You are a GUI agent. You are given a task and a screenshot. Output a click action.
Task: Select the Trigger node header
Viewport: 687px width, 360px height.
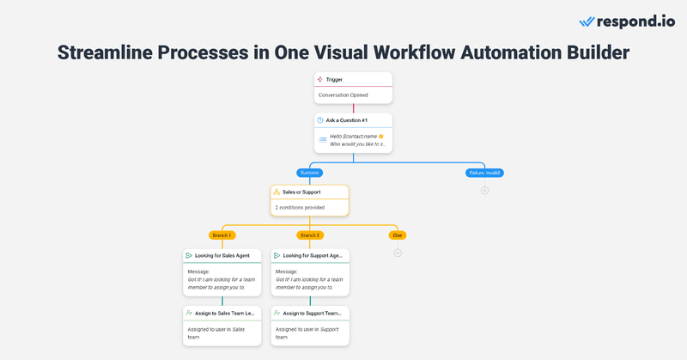pyautogui.click(x=352, y=79)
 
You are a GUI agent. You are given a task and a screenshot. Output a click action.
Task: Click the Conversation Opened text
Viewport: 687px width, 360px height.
pyautogui.click(x=343, y=95)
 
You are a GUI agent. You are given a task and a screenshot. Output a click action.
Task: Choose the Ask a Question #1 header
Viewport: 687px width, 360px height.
pyautogui.click(x=352, y=120)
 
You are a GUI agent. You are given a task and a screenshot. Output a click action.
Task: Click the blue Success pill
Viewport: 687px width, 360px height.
pyautogui.click(x=309, y=173)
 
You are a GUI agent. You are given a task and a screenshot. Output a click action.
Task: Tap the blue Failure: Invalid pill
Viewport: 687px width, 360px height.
pyautogui.click(x=484, y=173)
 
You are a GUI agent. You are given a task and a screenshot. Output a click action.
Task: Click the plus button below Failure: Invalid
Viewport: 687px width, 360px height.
pyautogui.click(x=484, y=190)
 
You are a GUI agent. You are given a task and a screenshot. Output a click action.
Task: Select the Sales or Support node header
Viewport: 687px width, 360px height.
pyautogui.click(x=309, y=192)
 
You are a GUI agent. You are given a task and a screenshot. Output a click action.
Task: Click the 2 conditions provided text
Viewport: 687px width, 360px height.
pyautogui.click(x=301, y=208)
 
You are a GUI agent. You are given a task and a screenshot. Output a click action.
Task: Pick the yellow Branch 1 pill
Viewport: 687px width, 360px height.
pyautogui.click(x=222, y=235)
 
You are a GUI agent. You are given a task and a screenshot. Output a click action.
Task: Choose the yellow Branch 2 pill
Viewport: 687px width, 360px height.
pyautogui.click(x=310, y=235)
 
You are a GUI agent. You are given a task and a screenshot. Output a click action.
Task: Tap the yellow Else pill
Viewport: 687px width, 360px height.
pyautogui.click(x=397, y=235)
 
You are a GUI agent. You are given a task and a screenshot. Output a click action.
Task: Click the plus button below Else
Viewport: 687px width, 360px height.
pyautogui.click(x=397, y=253)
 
